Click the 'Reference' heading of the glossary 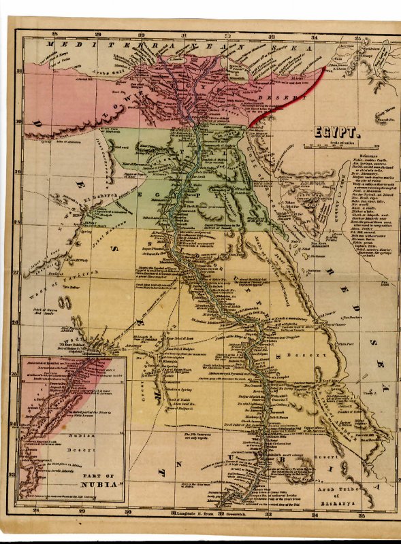364,156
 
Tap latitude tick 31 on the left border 19,71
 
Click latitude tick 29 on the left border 19,171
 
